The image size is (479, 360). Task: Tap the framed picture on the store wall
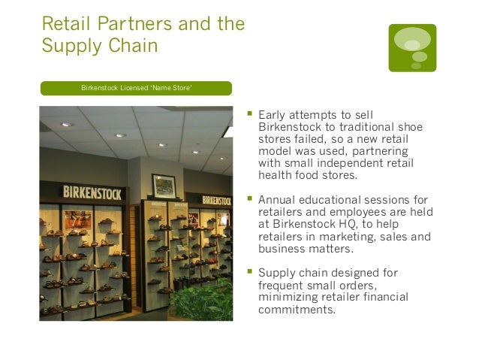(163, 186)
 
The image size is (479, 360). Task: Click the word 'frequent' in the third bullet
(281, 285)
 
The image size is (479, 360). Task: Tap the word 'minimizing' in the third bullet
(287, 297)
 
